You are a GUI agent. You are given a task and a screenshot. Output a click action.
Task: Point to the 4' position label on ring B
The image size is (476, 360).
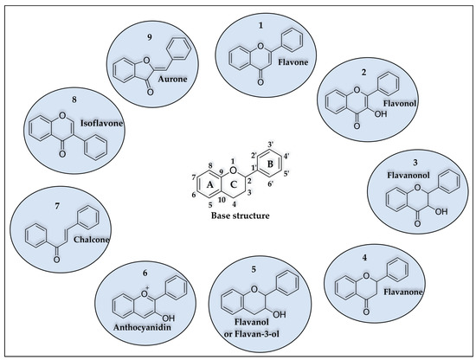click(286, 157)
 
